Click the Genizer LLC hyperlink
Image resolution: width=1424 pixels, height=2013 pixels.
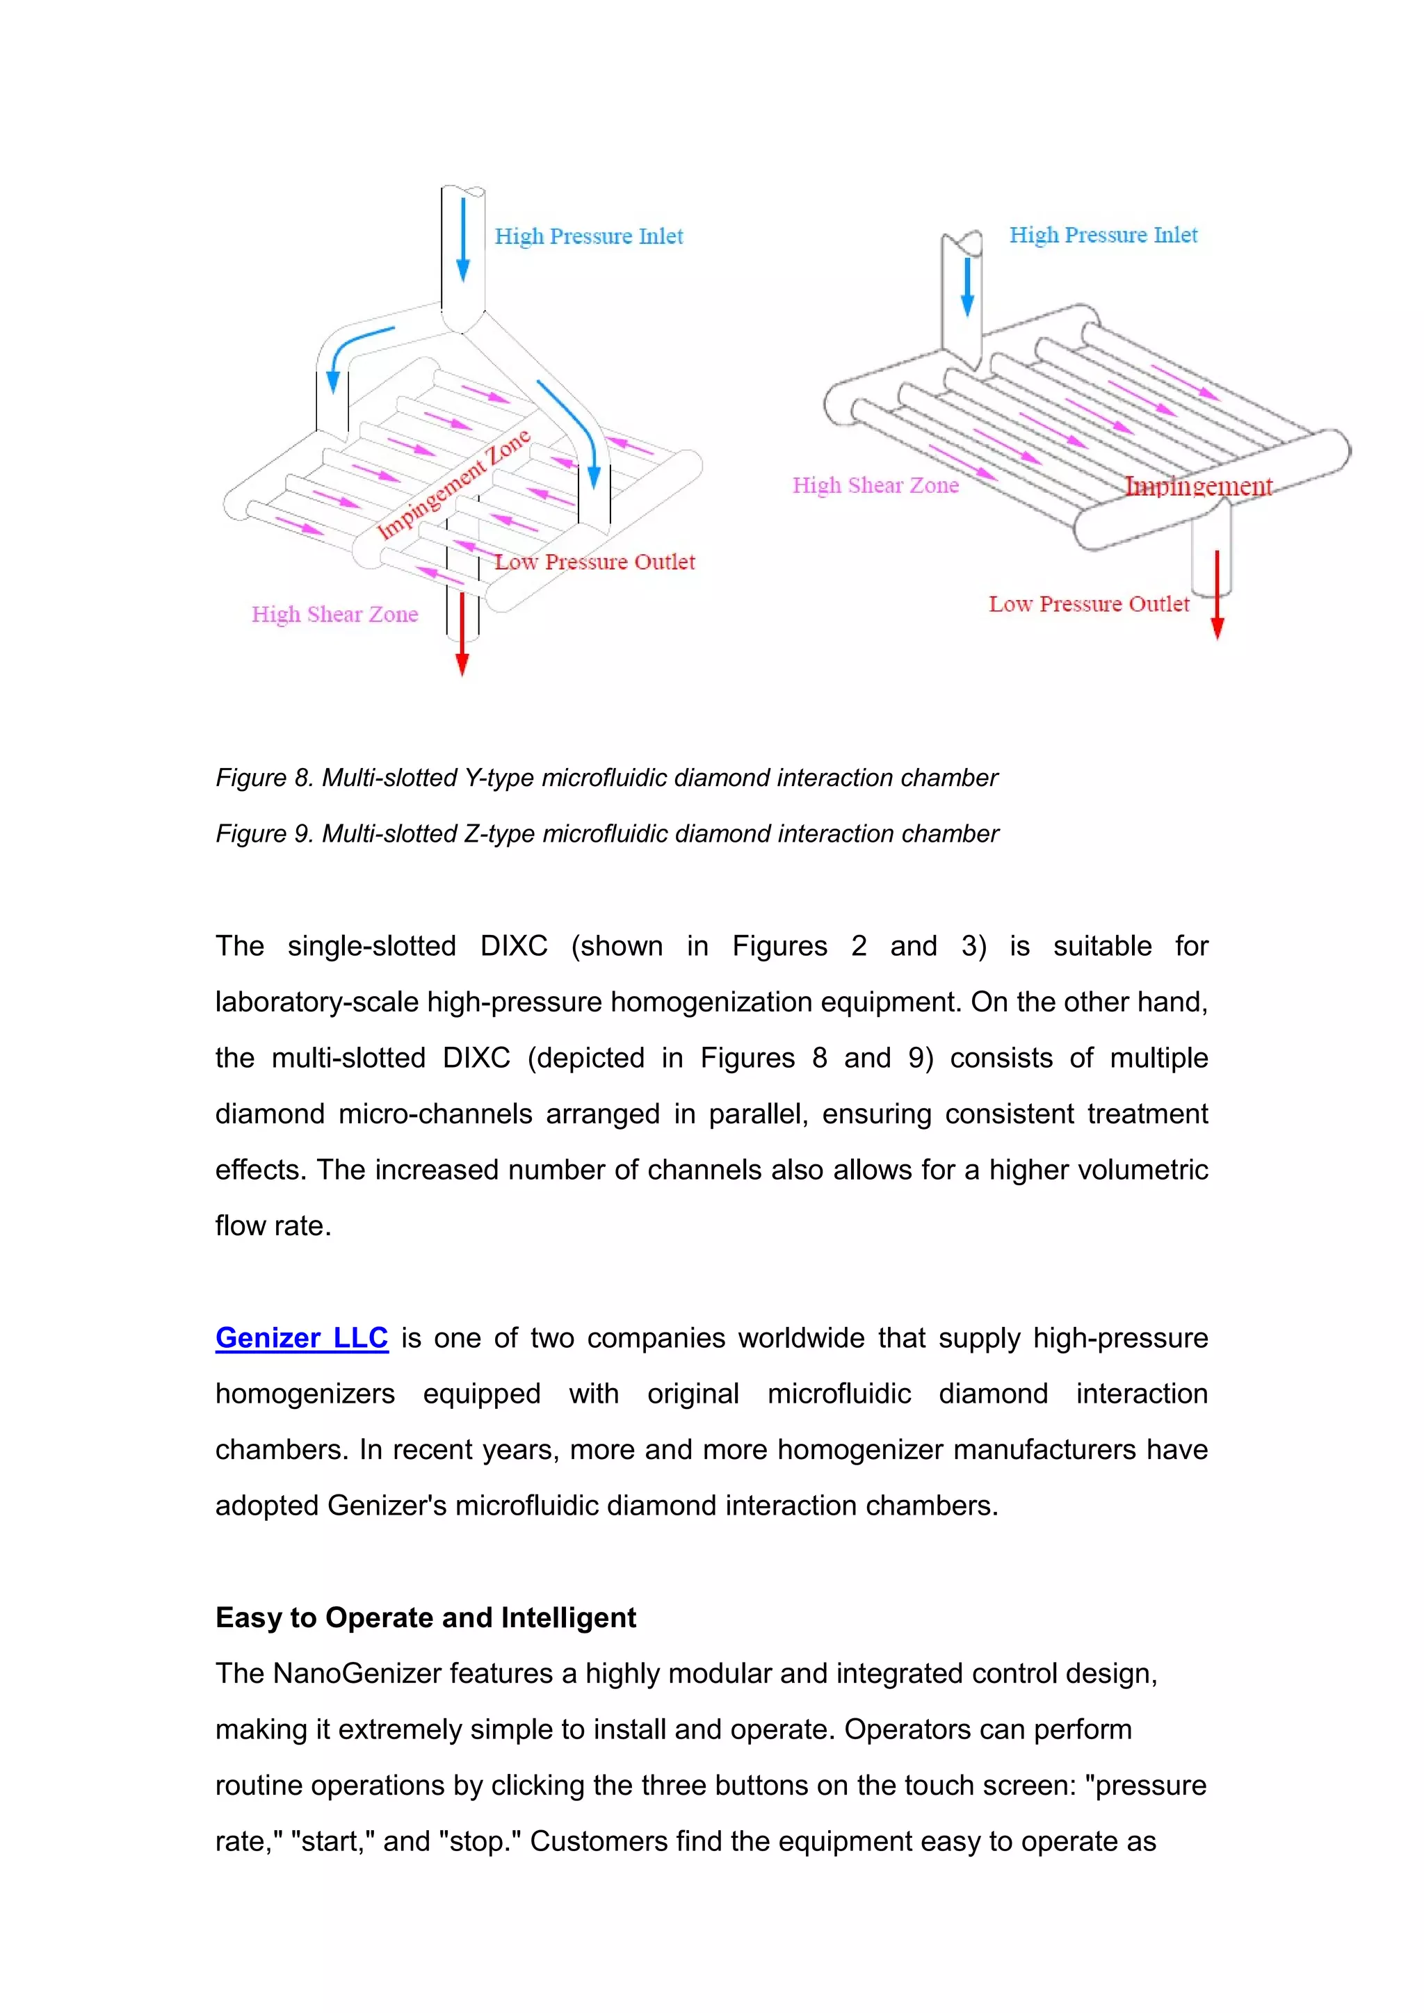click(302, 1338)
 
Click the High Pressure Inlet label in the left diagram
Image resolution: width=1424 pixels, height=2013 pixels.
click(588, 237)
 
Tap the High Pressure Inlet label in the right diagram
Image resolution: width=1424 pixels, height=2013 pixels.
click(1103, 235)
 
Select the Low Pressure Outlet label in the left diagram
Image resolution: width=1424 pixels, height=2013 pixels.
click(594, 562)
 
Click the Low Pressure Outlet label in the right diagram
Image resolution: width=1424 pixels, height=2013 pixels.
click(1089, 604)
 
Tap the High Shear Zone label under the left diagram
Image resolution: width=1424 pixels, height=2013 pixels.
click(335, 614)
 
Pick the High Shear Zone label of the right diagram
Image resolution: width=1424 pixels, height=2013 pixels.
click(875, 486)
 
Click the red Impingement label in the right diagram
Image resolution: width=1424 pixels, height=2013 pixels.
click(1198, 486)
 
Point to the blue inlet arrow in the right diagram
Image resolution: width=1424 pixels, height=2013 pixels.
click(967, 286)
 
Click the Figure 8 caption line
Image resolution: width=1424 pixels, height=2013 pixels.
click(607, 779)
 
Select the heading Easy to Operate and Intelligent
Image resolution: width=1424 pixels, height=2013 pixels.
click(426, 1617)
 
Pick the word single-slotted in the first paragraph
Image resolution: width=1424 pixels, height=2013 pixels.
click(372, 946)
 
